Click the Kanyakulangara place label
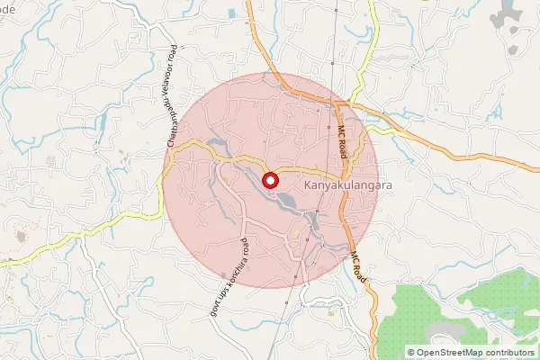tap(339, 184)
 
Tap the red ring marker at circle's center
tap(270, 180)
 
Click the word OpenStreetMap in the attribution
tap(454, 353)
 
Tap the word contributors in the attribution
tap(511, 353)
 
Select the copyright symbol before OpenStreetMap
tap(411, 353)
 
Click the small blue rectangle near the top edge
tap(231, 13)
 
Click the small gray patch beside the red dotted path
tap(21, 237)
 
